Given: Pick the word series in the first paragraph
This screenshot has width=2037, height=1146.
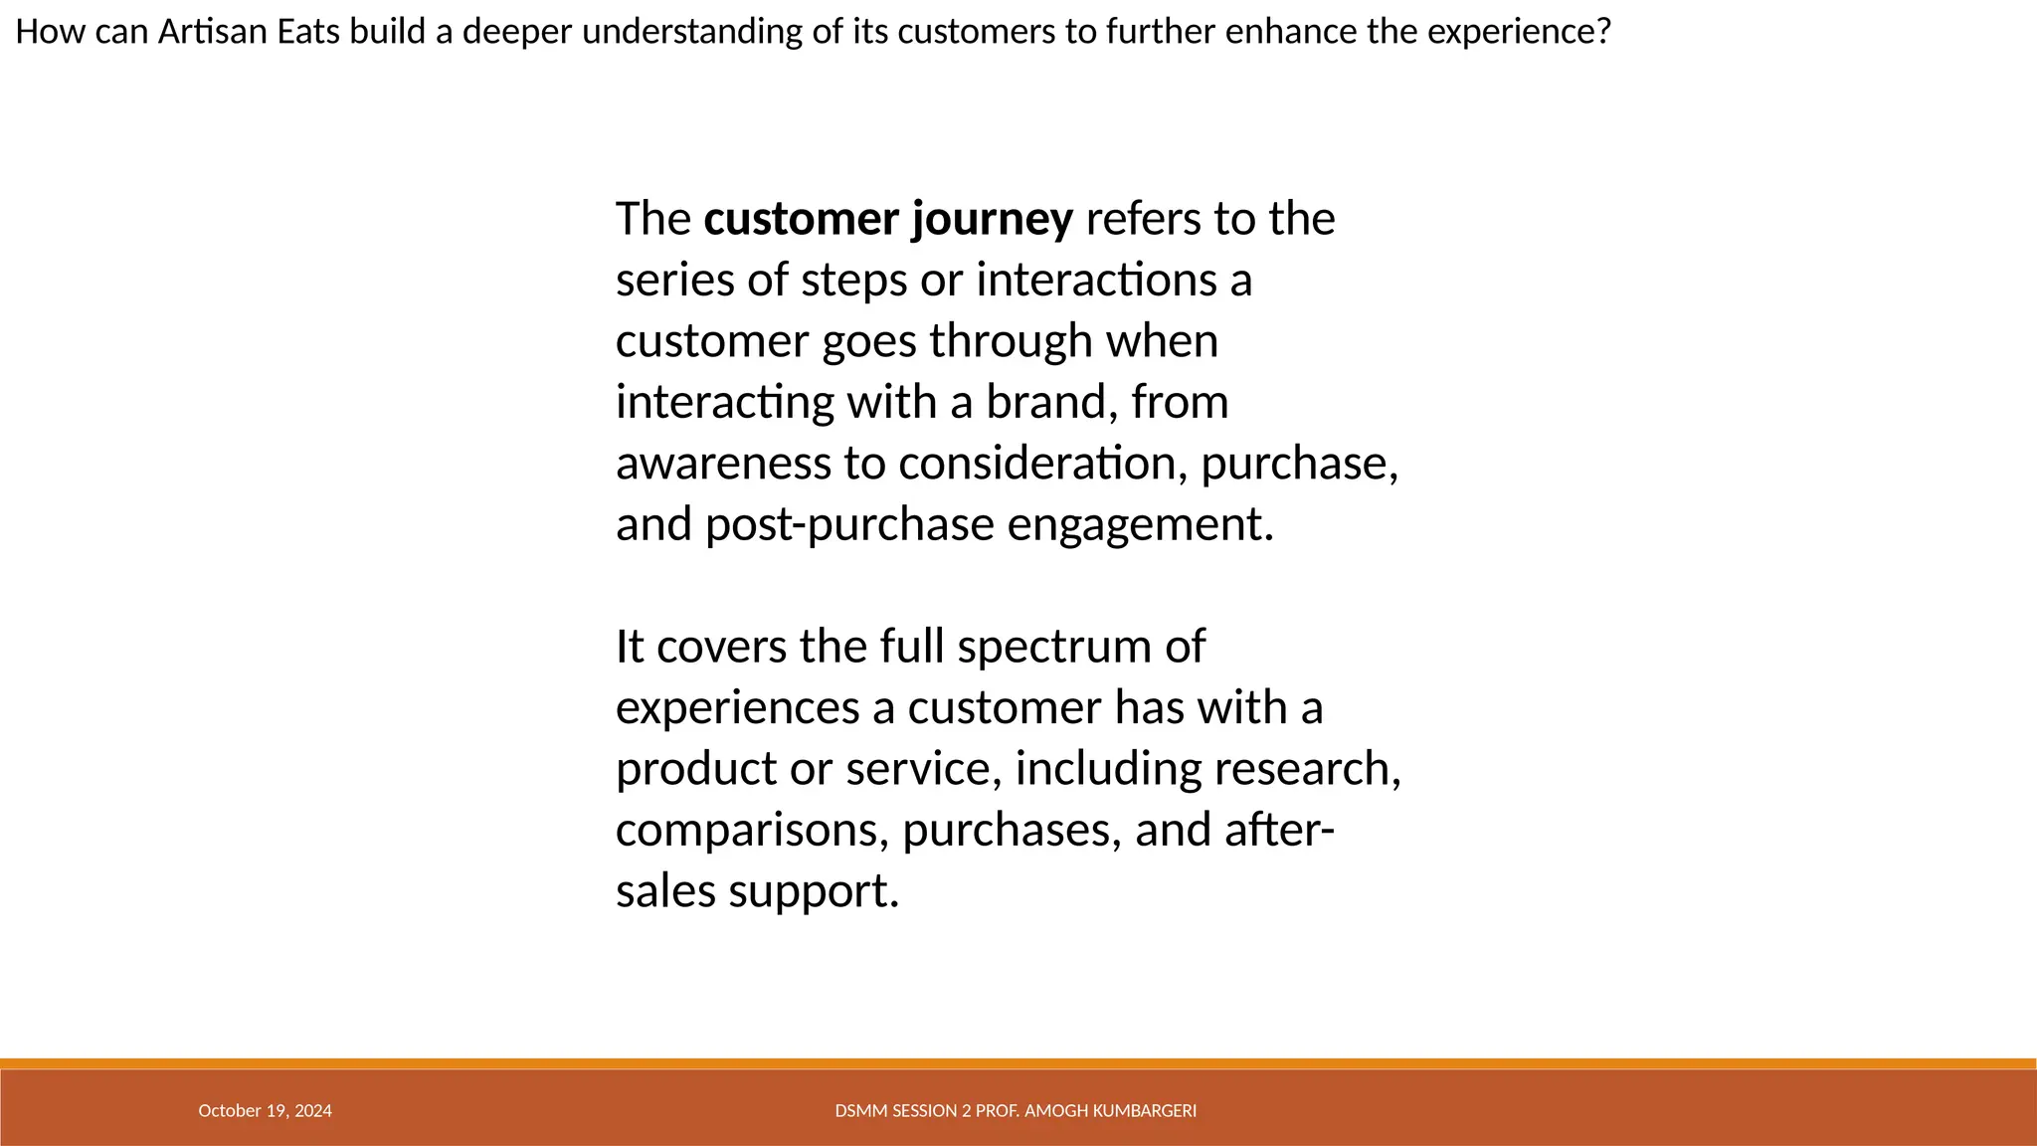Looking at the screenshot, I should (674, 280).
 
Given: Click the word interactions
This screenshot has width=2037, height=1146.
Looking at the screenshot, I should (1096, 280).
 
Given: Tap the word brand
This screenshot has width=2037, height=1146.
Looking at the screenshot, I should (1045, 402).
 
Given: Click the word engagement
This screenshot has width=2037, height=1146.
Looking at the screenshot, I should (1140, 524).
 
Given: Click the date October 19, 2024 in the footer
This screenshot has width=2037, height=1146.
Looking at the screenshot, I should (265, 1111).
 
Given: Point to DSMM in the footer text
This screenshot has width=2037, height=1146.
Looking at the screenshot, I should (855, 1111).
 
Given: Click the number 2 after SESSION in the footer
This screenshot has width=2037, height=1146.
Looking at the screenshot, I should (966, 1111).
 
